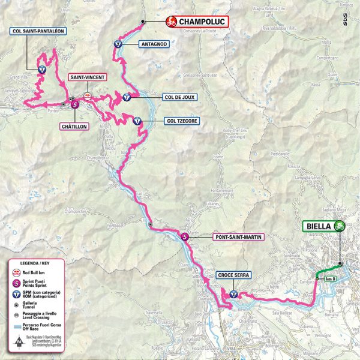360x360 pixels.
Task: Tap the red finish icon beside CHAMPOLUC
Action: (170, 22)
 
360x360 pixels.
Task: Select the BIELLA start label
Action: (317, 226)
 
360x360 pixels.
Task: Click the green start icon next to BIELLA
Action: (341, 226)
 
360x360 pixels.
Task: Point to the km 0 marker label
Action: (328, 279)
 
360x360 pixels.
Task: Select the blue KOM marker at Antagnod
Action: (118, 44)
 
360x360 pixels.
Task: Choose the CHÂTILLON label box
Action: (74, 127)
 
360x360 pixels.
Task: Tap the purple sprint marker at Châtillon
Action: (74, 104)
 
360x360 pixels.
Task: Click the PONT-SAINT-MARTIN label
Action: (238, 236)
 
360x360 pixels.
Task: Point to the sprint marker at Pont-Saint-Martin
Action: (185, 236)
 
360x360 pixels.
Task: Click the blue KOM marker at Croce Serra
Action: (234, 295)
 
